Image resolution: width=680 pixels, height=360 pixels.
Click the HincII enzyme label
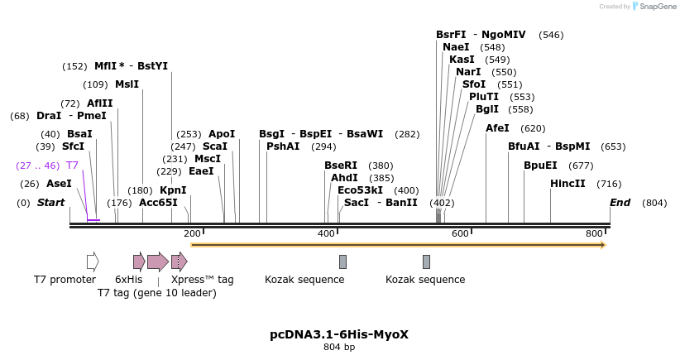[x=567, y=184]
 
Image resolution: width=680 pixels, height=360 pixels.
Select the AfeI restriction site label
[x=497, y=128]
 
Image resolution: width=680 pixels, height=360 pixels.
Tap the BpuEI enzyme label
[x=540, y=166]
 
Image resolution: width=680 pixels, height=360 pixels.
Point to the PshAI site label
[x=283, y=146]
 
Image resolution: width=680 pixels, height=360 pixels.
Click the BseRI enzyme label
[x=341, y=166]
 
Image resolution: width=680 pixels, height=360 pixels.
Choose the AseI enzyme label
[x=59, y=184]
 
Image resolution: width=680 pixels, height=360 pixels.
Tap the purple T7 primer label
[x=72, y=166]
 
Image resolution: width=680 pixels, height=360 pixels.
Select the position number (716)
[x=609, y=184]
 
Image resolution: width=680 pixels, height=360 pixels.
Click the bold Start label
[x=50, y=203]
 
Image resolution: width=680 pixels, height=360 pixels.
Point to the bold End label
[x=620, y=203]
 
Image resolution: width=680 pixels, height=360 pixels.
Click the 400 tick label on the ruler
[x=327, y=233]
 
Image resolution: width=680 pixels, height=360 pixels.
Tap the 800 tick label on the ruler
[x=594, y=233]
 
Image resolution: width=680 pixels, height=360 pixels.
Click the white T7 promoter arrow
[x=93, y=262]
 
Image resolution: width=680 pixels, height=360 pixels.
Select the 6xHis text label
[x=128, y=280]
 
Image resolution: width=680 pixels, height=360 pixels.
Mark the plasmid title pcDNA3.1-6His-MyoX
[x=339, y=334]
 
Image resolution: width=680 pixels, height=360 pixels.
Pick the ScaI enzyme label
[x=215, y=146]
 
